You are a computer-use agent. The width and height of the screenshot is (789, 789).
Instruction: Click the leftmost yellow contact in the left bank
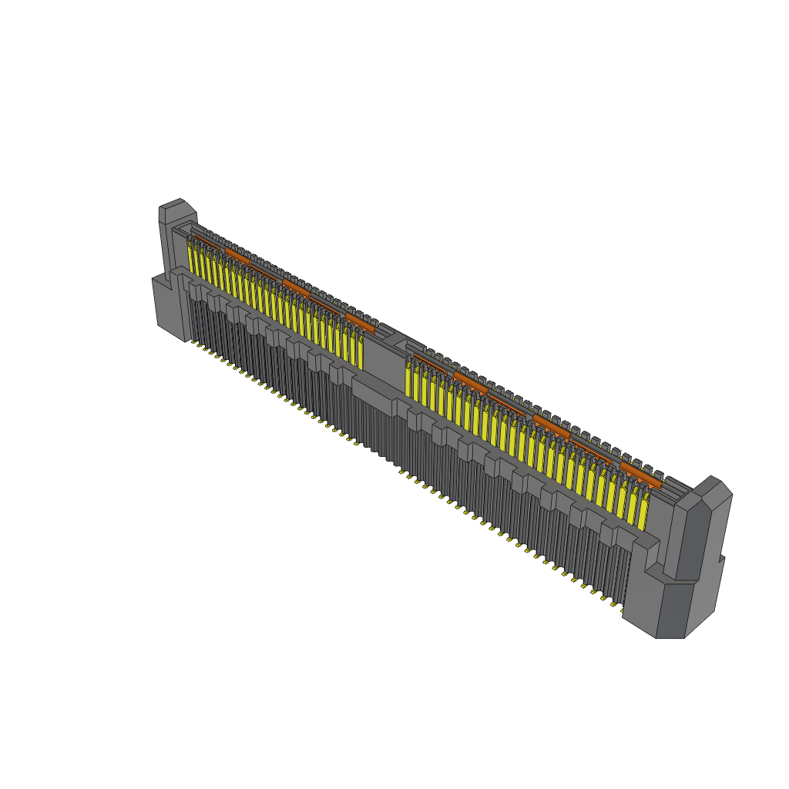[x=191, y=258]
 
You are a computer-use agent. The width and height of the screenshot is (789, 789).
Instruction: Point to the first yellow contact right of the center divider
[x=408, y=381]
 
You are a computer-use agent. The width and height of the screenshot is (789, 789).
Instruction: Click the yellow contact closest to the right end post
[x=642, y=512]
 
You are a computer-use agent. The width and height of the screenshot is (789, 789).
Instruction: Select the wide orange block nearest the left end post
[x=237, y=255]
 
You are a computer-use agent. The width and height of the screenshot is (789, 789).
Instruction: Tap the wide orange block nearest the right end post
[x=640, y=474]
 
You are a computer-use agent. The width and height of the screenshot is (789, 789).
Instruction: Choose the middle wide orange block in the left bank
[x=296, y=287]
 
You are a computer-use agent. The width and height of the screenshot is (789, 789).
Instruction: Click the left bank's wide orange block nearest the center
[x=360, y=321]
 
